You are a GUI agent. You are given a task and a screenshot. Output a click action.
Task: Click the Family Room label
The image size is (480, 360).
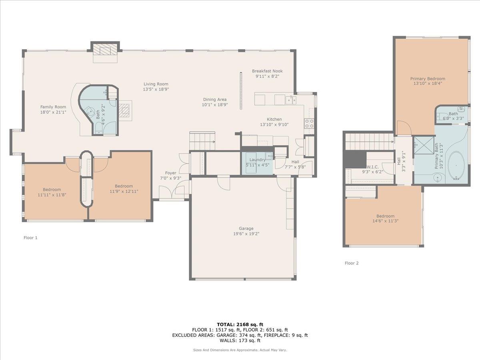pos(53,107)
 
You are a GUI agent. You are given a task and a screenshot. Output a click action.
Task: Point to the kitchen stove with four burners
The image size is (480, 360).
pos(309,123)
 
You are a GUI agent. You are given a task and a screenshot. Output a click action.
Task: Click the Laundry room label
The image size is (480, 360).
pos(255,160)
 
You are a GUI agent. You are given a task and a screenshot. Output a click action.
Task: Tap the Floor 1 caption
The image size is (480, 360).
pos(30,238)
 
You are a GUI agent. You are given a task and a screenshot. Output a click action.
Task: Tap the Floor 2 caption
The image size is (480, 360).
pos(352,263)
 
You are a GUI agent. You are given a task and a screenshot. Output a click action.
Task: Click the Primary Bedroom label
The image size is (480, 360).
pos(427,79)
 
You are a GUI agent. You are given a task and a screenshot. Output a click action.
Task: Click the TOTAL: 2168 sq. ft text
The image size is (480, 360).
pos(240,324)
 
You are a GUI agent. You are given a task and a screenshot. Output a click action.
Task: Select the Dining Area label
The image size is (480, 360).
pos(215,100)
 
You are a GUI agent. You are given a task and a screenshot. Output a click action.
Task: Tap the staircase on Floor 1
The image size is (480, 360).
pos(202,141)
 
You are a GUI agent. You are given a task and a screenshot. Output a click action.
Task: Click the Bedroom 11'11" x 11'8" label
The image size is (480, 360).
pos(52,190)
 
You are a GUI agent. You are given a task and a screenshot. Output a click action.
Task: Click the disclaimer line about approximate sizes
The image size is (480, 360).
pos(240,350)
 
